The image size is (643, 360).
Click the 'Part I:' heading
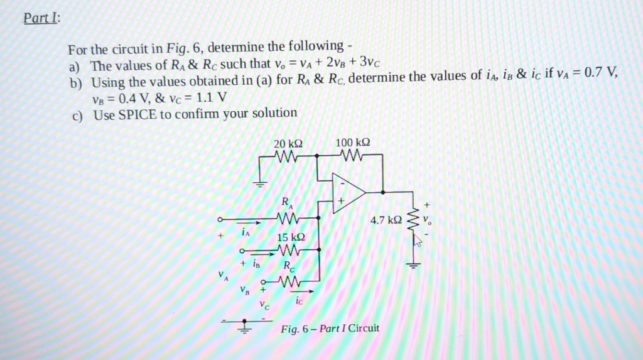click(42, 18)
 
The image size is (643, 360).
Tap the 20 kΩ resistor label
click(288, 144)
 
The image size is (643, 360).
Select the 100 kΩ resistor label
click(353, 143)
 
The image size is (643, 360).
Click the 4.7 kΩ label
click(386, 221)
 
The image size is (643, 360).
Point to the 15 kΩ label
click(291, 237)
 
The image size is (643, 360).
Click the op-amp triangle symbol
click(349, 193)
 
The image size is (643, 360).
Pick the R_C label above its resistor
click(289, 266)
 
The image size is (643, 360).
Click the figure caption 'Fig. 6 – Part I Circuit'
click(330, 329)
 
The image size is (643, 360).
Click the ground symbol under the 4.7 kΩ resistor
click(413, 265)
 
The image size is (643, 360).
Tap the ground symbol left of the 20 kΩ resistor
click(259, 183)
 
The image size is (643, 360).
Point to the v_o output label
click(427, 220)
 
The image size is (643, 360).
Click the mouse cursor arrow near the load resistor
click(417, 241)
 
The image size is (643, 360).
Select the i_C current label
click(299, 302)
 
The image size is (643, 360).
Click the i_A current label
click(246, 232)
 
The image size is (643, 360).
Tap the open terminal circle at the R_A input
click(220, 220)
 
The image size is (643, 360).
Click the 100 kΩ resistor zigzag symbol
click(352, 155)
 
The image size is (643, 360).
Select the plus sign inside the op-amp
click(341, 201)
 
